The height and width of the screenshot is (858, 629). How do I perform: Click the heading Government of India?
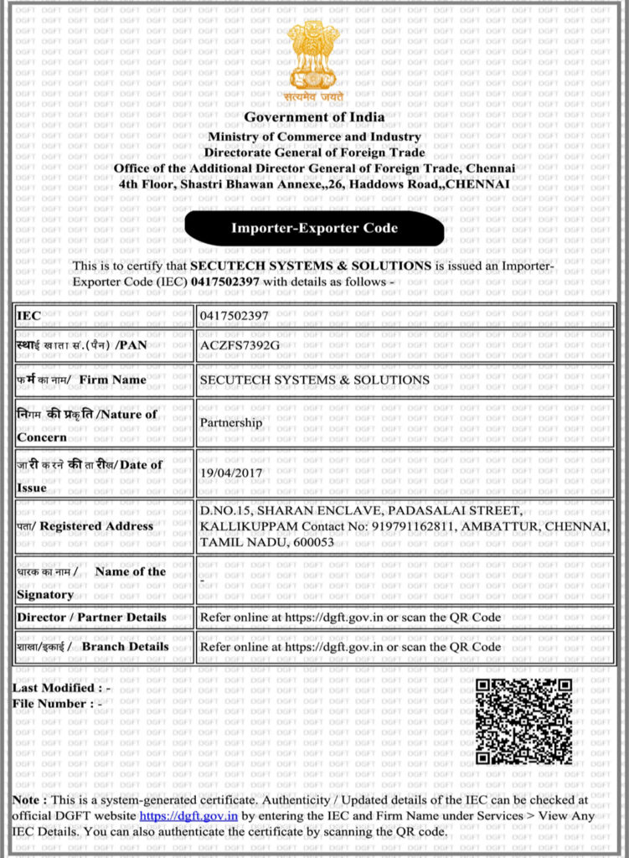click(314, 116)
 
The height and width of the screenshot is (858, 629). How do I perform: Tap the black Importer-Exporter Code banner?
click(314, 228)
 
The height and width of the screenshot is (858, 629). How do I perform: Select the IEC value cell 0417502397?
click(234, 316)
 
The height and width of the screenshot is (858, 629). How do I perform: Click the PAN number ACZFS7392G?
click(240, 345)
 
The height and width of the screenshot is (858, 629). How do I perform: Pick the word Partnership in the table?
click(230, 422)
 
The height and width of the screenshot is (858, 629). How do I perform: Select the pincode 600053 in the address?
click(314, 542)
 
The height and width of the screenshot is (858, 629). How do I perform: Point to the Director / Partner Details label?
click(91, 618)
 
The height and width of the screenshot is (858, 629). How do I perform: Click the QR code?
click(524, 721)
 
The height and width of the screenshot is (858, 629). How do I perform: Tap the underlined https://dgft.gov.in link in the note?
click(188, 815)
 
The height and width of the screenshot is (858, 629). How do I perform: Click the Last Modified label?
click(57, 688)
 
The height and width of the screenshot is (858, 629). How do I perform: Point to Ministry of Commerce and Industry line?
click(314, 137)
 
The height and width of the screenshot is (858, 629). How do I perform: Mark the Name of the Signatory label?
click(92, 582)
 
